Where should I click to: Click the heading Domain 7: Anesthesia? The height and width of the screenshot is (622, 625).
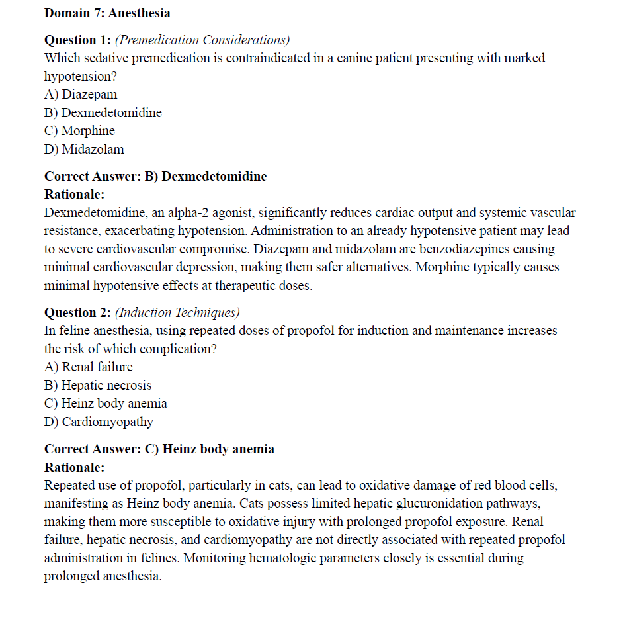[x=106, y=13]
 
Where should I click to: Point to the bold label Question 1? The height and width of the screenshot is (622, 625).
[x=77, y=40]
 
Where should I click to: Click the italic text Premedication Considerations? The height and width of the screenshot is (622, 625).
[x=202, y=40]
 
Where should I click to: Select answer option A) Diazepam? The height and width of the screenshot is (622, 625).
[x=81, y=95]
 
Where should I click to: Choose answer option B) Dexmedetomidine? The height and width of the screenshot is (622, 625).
[x=103, y=112]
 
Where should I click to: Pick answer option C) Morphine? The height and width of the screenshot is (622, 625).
[x=79, y=131]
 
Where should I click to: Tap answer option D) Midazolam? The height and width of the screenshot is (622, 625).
[x=84, y=149]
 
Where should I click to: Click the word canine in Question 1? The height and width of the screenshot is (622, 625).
[x=354, y=58]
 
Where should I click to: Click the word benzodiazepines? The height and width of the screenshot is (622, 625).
[x=388, y=249]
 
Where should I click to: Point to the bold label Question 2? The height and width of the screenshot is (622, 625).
[x=77, y=312]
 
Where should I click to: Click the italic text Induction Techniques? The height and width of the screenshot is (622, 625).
[x=177, y=312]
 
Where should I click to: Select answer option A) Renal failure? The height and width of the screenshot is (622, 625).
[x=89, y=367]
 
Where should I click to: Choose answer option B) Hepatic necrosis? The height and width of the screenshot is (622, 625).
[x=98, y=385]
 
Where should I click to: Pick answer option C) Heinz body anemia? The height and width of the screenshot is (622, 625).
[x=106, y=403]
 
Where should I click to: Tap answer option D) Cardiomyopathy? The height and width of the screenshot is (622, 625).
[x=99, y=422]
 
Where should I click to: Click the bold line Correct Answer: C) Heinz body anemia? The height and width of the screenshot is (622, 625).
[x=159, y=449]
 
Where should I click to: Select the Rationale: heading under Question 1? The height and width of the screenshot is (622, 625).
[x=75, y=195]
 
